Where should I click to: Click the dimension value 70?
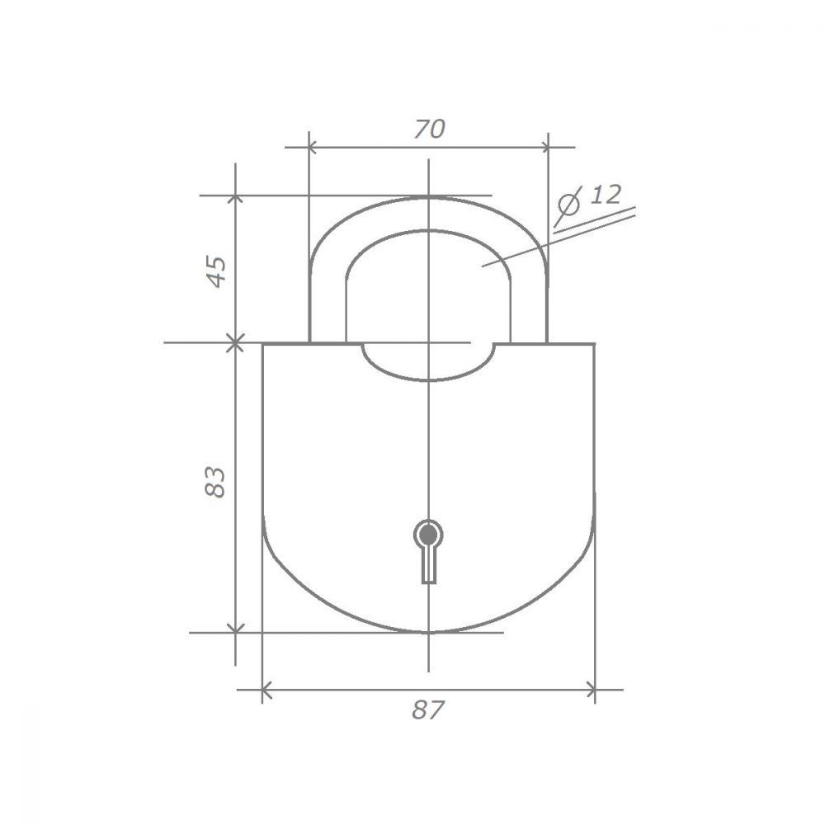click(429, 130)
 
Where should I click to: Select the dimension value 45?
click(216, 271)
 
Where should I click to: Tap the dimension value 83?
click(215, 482)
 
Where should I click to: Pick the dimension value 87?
click(427, 709)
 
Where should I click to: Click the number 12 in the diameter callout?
click(605, 195)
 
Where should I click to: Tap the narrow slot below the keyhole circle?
click(429, 565)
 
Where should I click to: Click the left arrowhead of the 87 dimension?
click(266, 689)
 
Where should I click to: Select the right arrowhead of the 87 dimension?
click(591, 689)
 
